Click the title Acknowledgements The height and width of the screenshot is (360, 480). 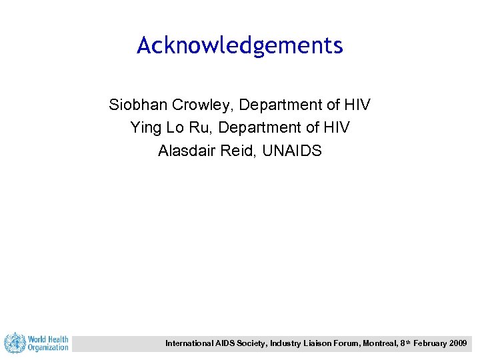point(240,45)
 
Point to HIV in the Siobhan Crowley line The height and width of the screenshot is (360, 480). point(357,105)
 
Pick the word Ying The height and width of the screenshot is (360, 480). point(145,127)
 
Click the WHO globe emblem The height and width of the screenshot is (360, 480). point(14,343)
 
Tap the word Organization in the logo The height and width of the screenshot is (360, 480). point(48,347)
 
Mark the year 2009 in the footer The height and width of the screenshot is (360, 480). point(458,343)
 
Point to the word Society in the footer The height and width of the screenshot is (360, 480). point(247,343)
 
